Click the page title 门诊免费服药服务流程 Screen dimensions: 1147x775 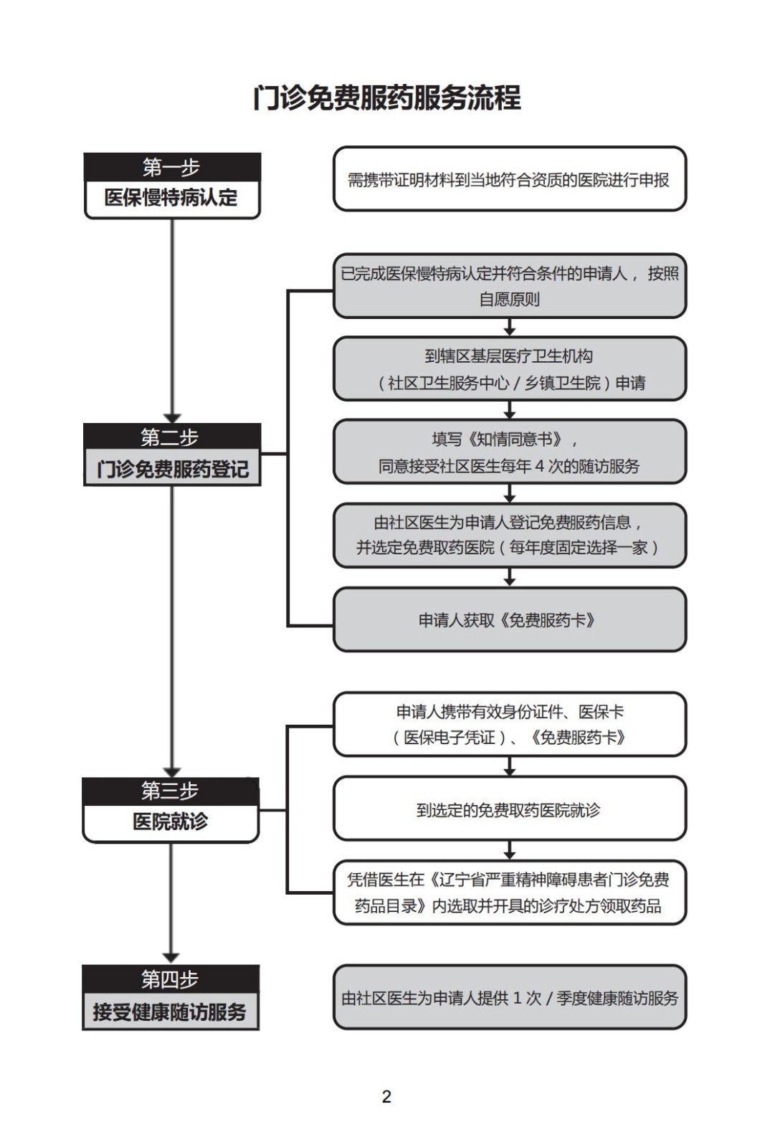pyautogui.click(x=387, y=98)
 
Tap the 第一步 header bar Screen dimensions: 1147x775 pyautogui.click(x=172, y=167)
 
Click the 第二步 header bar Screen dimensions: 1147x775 pyautogui.click(x=172, y=437)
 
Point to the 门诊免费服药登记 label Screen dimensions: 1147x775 pyautogui.click(x=172, y=469)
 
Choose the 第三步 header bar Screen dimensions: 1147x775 pyautogui.click(x=171, y=791)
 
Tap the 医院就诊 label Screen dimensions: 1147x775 pyautogui.click(x=171, y=822)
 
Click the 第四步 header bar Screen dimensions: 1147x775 pyautogui.click(x=171, y=979)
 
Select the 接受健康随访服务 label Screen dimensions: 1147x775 pyautogui.click(x=171, y=1012)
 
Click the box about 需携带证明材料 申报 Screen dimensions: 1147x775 pyautogui.click(x=510, y=179)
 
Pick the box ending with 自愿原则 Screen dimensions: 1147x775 pyautogui.click(x=510, y=285)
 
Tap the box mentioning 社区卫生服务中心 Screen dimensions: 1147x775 pyautogui.click(x=510, y=369)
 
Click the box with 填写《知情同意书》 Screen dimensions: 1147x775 pyautogui.click(x=510, y=452)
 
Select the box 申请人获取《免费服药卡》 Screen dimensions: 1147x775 pyautogui.click(x=510, y=619)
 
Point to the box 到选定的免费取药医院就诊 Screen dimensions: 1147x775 pyautogui.click(x=510, y=809)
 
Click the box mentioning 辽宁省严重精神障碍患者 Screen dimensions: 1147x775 pyautogui.click(x=510, y=893)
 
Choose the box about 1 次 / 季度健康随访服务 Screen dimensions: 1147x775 pyautogui.click(x=510, y=997)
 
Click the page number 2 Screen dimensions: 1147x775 pyautogui.click(x=387, y=1096)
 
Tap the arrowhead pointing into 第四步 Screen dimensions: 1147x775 pyautogui.click(x=171, y=958)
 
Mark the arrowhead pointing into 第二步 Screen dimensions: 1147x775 pyautogui.click(x=172, y=417)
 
